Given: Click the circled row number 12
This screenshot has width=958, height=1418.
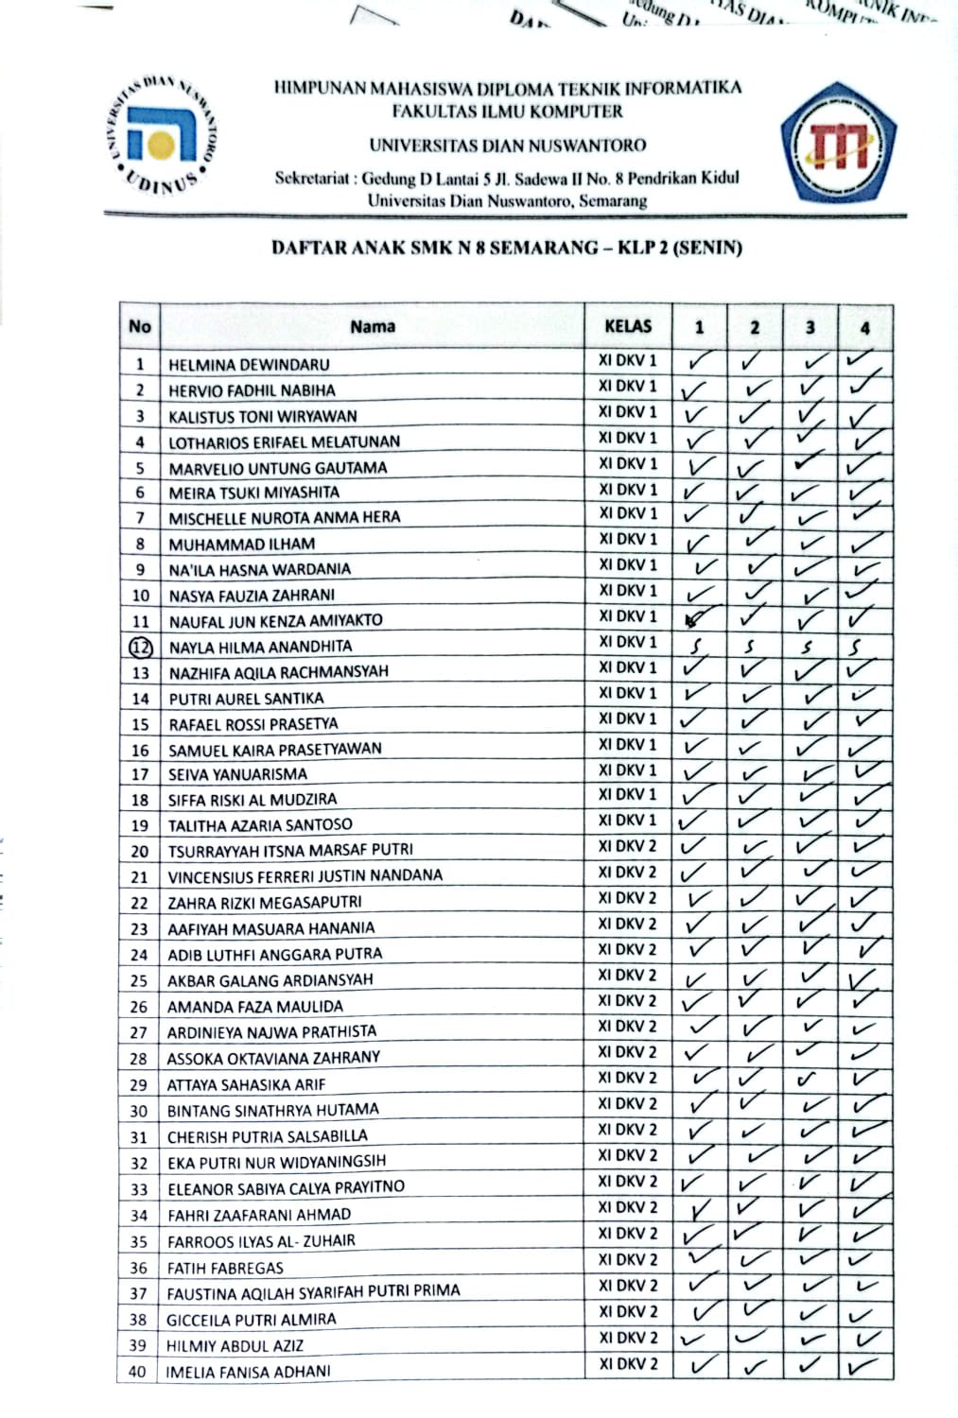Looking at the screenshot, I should point(140,648).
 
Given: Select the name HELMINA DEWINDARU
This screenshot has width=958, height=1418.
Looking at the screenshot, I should point(249,365).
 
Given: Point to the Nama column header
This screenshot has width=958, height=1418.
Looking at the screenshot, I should point(373,327).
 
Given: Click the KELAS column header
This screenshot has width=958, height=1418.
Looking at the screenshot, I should point(628,327).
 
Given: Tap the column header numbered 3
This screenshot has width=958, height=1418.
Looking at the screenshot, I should point(810,328).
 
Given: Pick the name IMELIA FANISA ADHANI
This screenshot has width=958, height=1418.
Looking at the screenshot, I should point(248,1372).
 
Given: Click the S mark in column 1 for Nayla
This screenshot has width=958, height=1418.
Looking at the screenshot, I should point(698,648).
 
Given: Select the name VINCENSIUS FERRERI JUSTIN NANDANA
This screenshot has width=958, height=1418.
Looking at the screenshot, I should point(305,876).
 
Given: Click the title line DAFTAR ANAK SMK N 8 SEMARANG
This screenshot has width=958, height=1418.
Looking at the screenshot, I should point(506,249).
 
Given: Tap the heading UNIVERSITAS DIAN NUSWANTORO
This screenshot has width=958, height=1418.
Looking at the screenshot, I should point(508,146).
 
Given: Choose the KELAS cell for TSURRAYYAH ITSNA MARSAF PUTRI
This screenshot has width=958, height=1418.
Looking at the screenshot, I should point(627,846).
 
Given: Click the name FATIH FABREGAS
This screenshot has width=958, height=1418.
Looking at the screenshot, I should point(225,1269).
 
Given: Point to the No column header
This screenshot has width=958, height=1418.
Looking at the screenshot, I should point(140,327).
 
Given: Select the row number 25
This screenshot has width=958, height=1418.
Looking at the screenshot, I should point(139,981).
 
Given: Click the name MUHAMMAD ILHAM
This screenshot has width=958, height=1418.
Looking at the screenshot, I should point(241,545).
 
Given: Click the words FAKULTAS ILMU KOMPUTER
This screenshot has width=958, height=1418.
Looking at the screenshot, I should point(508,112).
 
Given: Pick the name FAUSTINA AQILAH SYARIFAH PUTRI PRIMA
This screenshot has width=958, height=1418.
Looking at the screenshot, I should point(313,1292).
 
